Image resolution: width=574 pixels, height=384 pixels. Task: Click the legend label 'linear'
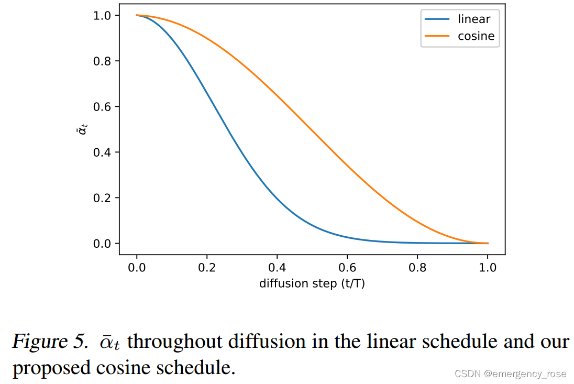tap(473, 19)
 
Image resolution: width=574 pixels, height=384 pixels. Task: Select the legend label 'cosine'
tap(476, 36)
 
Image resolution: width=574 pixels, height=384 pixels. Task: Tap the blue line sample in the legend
tap(438, 19)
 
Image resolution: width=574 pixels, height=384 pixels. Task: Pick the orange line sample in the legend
tap(438, 36)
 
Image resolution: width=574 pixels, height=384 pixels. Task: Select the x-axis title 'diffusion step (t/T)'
tap(312, 283)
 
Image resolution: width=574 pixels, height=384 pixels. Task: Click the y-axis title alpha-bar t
tap(81, 129)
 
